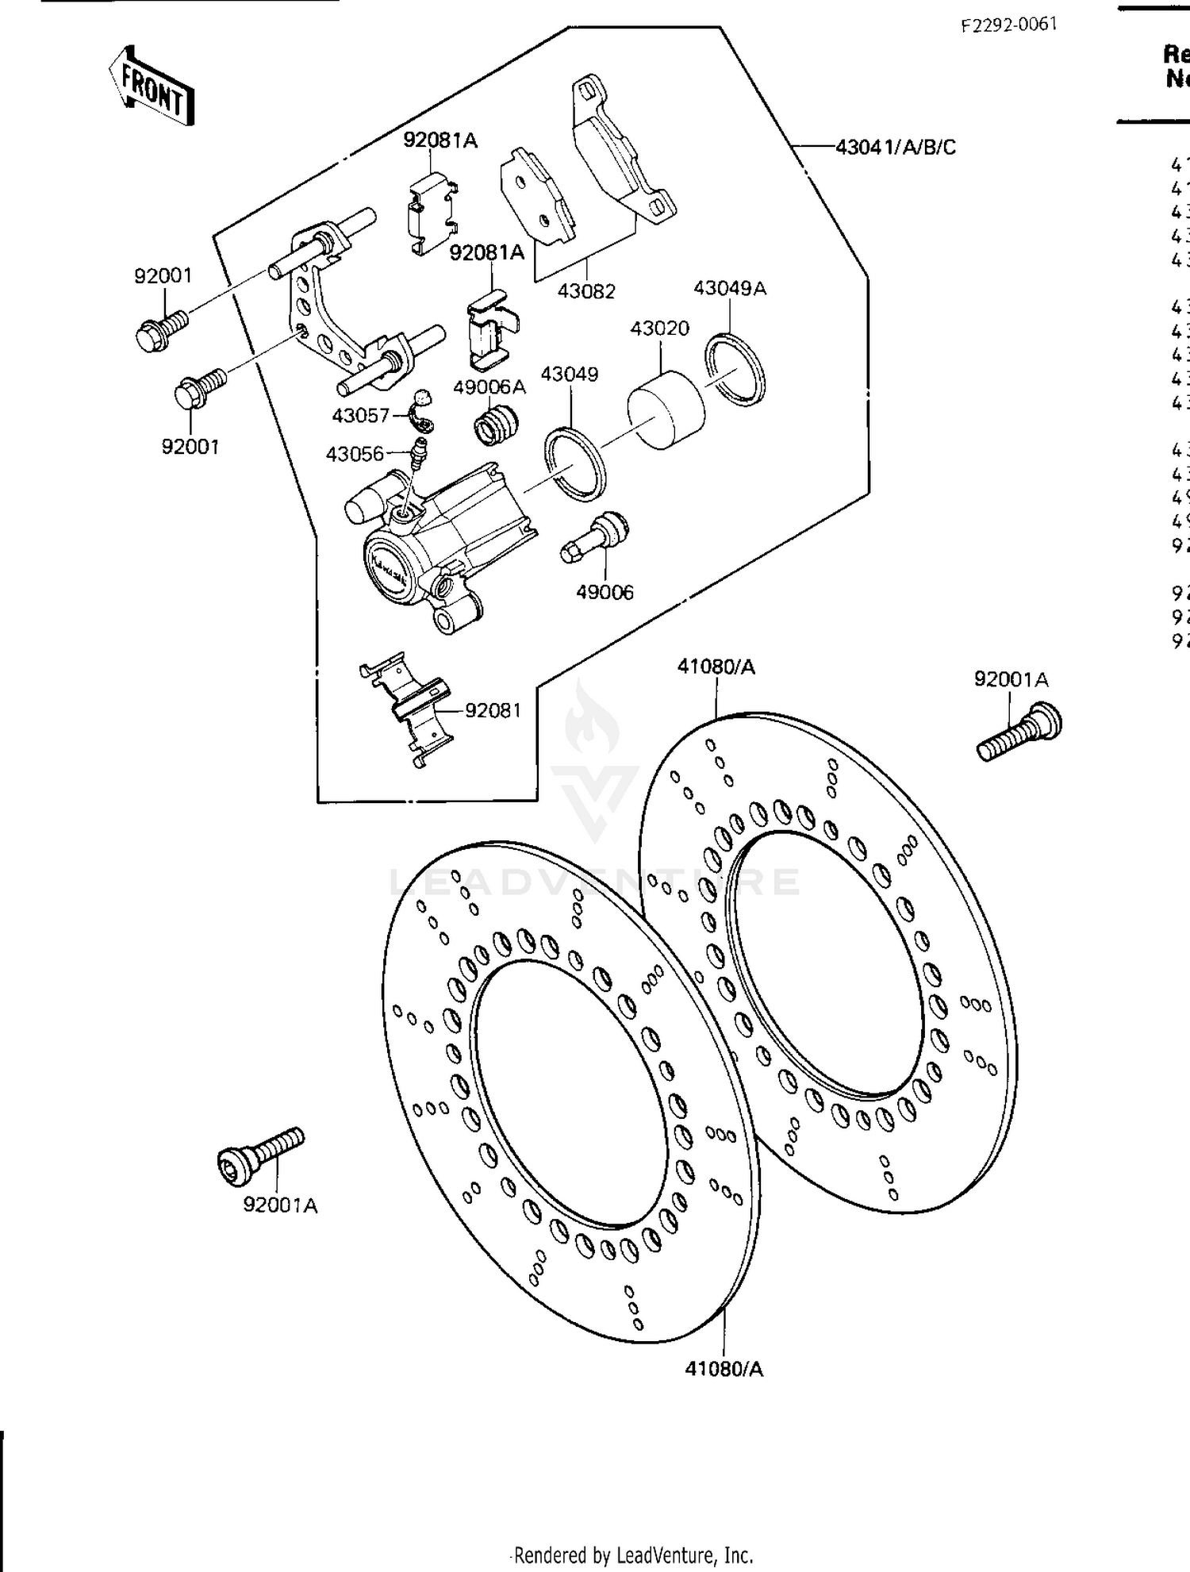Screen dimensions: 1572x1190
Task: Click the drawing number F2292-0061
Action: tap(1009, 25)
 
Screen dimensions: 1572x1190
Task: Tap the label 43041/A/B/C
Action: tap(896, 147)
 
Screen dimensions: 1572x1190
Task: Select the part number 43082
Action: tap(586, 291)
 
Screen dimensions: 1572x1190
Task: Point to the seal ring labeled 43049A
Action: tap(735, 370)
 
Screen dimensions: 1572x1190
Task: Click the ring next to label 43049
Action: tap(575, 463)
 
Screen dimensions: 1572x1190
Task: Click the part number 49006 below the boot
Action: tap(605, 592)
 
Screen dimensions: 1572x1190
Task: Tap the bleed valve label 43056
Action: tap(355, 454)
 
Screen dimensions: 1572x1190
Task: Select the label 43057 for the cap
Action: tap(360, 416)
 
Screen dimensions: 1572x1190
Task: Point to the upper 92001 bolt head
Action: tap(151, 336)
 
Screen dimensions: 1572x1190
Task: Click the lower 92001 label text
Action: tap(190, 447)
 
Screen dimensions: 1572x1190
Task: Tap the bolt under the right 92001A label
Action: tap(1020, 732)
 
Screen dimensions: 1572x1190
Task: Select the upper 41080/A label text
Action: tap(716, 667)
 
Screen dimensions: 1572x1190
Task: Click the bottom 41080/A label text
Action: tap(724, 1369)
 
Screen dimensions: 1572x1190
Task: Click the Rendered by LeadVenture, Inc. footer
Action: tap(633, 1555)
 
